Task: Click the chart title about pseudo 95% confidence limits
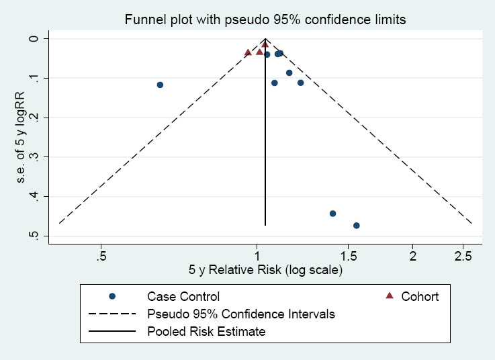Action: point(265,20)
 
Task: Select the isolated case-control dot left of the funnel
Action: point(160,85)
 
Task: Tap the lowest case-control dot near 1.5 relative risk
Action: point(357,226)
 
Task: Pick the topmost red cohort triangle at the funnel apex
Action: point(265,44)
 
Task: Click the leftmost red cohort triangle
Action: point(248,52)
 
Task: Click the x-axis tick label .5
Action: point(101,256)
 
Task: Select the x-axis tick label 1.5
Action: point(348,256)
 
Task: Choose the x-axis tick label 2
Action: point(413,256)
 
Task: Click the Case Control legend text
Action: point(183,296)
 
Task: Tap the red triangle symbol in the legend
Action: point(389,296)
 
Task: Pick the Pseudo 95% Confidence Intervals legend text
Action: point(241,314)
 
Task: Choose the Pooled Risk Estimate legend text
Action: point(206,331)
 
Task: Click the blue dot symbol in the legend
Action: point(113,296)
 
